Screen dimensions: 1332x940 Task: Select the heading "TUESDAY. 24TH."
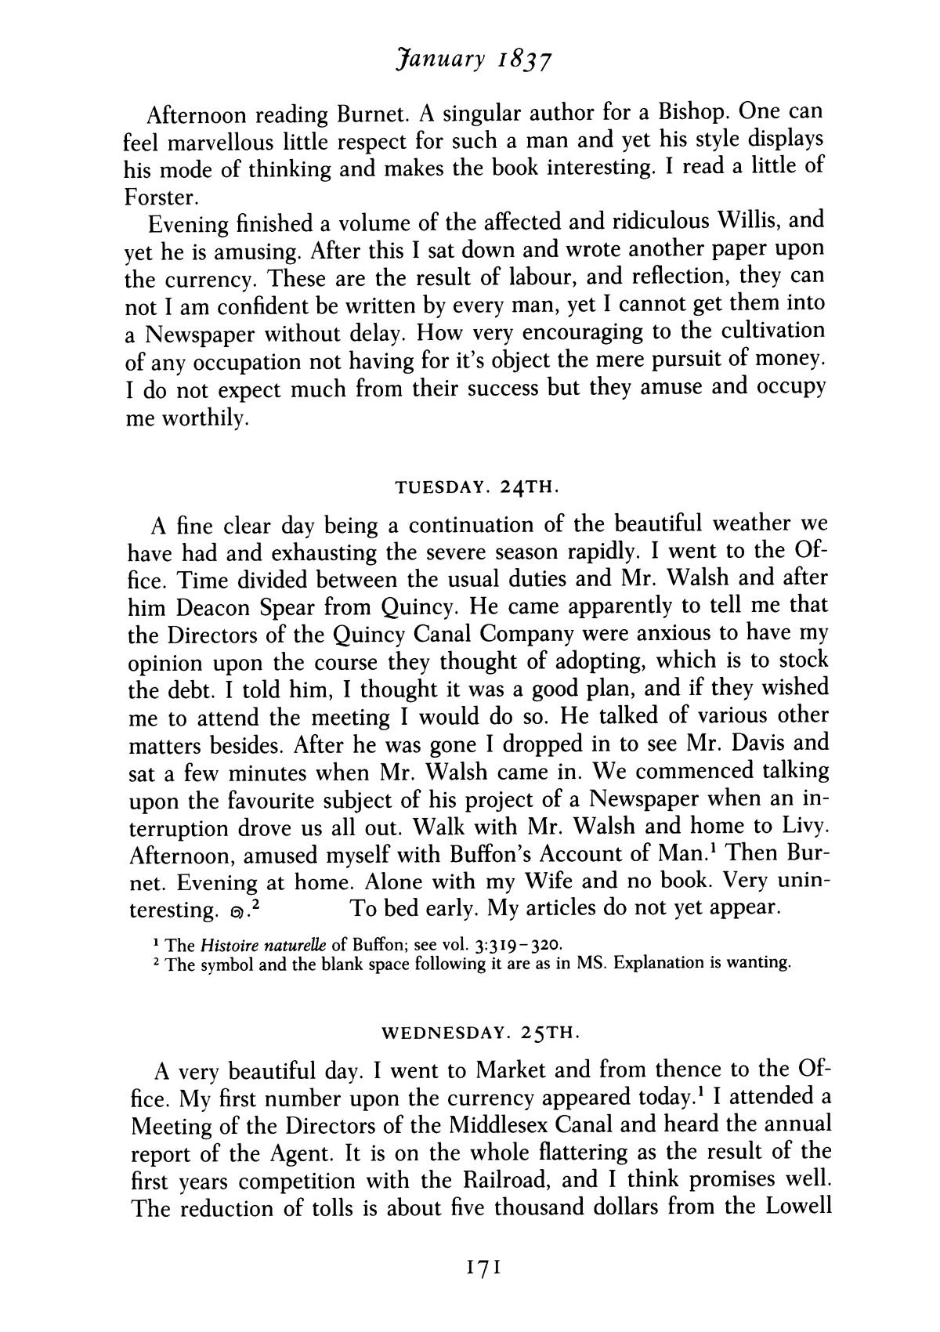(476, 487)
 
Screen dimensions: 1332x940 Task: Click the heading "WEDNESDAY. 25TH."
(480, 1032)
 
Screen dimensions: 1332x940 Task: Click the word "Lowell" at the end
(794, 1207)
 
